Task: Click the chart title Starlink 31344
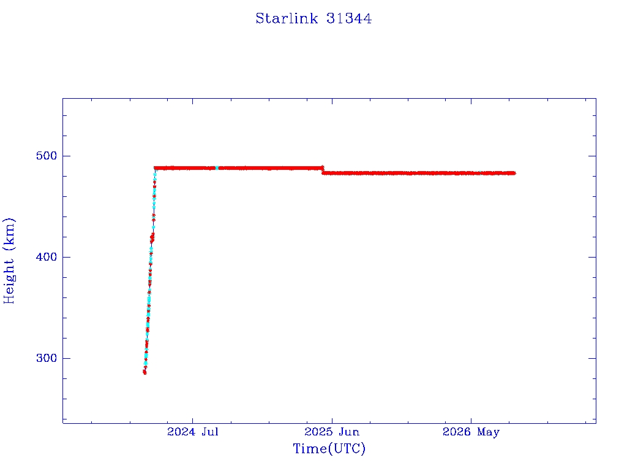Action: pyautogui.click(x=313, y=18)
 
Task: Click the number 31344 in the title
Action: pyautogui.click(x=348, y=18)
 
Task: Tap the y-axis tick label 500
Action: pyautogui.click(x=47, y=155)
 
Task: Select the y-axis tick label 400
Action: pyautogui.click(x=47, y=257)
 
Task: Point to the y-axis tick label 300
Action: pyautogui.click(x=47, y=358)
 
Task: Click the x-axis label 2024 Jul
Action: pyautogui.click(x=193, y=432)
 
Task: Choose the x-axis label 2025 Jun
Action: pyautogui.click(x=332, y=432)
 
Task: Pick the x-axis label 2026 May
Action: pyautogui.click(x=471, y=432)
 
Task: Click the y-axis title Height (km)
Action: pyautogui.click(x=9, y=261)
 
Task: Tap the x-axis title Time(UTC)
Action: pyautogui.click(x=329, y=448)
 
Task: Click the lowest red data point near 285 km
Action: pyautogui.click(x=145, y=372)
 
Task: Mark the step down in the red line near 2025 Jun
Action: pyautogui.click(x=322, y=170)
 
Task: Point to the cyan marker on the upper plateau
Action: pyautogui.click(x=217, y=168)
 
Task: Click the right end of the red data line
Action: pyautogui.click(x=514, y=173)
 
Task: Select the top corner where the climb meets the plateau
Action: pyautogui.click(x=155, y=168)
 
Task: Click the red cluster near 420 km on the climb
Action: pyautogui.click(x=152, y=239)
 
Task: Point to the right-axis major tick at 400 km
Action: pyautogui.click(x=592, y=257)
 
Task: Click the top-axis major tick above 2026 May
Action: pyautogui.click(x=471, y=102)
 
